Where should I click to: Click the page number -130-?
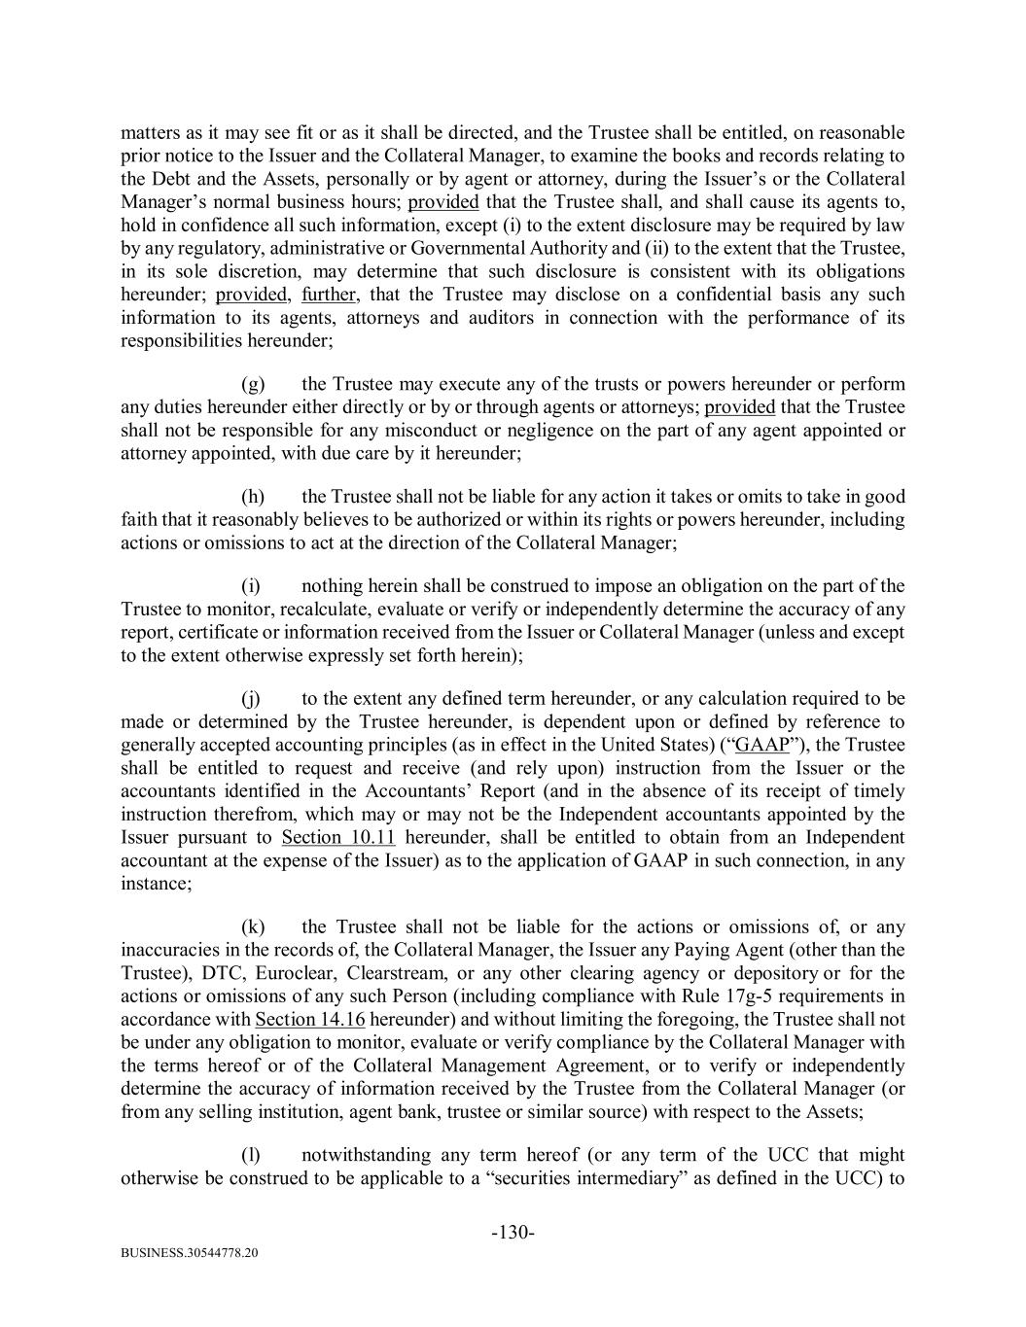click(513, 1233)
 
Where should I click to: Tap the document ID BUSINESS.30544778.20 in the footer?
click(190, 1254)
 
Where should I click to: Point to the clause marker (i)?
click(251, 586)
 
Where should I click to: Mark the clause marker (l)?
click(251, 1155)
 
